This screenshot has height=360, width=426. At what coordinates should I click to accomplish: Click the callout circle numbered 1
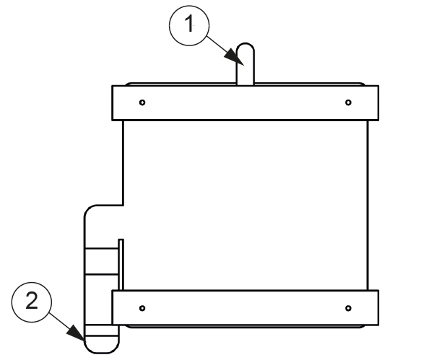click(x=189, y=25)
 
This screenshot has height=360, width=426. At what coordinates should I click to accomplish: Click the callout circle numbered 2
click(x=32, y=302)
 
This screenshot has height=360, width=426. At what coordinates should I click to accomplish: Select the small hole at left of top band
click(x=142, y=102)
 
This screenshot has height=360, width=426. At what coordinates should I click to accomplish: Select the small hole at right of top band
click(x=348, y=102)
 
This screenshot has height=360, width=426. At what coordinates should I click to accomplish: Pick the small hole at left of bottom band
click(x=142, y=308)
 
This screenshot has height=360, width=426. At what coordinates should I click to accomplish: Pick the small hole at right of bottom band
click(x=348, y=308)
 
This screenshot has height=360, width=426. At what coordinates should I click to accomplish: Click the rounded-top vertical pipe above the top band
click(x=245, y=64)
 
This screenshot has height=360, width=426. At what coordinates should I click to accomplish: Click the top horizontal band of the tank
click(x=245, y=103)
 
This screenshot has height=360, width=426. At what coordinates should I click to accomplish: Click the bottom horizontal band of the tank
click(x=245, y=307)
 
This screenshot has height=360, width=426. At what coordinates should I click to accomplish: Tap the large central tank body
click(x=245, y=205)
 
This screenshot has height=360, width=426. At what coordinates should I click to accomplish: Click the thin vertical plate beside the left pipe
click(x=121, y=265)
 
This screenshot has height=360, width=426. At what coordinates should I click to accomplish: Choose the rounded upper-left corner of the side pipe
click(x=90, y=211)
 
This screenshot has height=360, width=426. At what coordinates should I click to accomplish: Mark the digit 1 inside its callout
click(x=190, y=23)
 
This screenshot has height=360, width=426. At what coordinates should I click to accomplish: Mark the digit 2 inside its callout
click(x=32, y=300)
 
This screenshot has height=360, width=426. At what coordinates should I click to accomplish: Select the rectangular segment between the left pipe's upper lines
click(x=102, y=261)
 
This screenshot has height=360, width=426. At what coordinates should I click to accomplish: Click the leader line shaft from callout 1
click(x=217, y=44)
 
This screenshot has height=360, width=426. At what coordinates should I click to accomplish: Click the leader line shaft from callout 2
click(x=59, y=320)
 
